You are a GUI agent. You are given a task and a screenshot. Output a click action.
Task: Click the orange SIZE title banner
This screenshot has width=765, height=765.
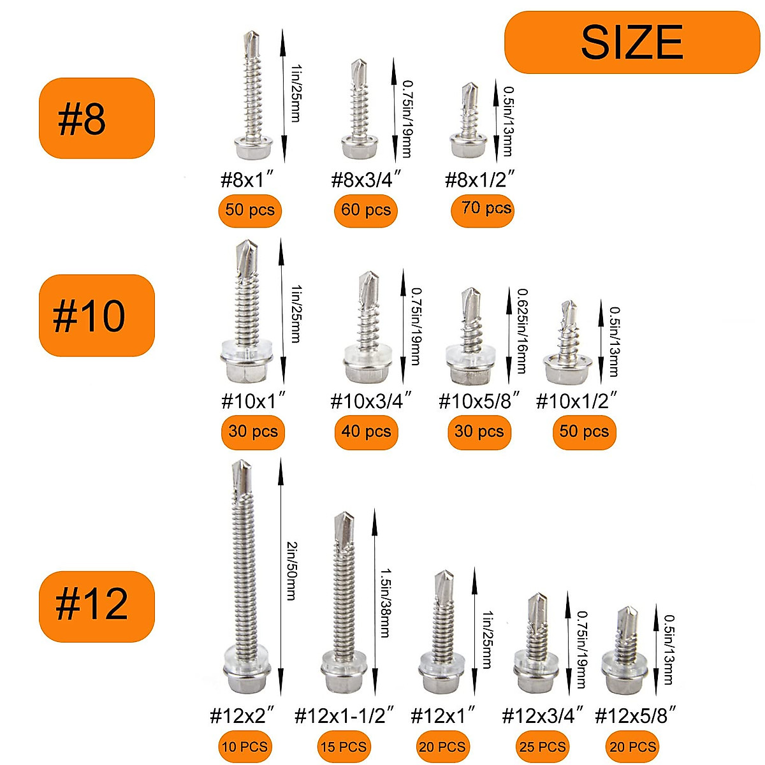point(632,42)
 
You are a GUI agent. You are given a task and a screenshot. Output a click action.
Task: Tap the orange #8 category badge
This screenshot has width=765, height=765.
point(97,119)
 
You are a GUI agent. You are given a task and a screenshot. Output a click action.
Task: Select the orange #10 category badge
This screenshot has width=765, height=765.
point(97,316)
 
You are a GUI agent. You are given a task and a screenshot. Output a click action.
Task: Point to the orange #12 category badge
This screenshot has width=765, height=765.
point(97,606)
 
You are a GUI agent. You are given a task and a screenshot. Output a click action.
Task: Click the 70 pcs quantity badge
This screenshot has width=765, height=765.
point(483,209)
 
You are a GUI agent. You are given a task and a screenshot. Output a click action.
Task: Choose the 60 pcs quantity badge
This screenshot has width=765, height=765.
point(365,210)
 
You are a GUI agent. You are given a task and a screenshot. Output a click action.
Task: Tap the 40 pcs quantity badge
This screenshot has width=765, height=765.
point(365,432)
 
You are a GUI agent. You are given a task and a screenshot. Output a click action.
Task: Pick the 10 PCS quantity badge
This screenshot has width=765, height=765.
point(245,747)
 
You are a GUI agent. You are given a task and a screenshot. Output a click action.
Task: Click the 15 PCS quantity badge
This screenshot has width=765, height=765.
point(343,747)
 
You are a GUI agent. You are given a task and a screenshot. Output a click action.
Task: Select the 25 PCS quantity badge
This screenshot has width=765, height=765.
point(542,747)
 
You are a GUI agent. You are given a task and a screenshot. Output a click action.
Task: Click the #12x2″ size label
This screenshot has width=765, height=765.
point(242,715)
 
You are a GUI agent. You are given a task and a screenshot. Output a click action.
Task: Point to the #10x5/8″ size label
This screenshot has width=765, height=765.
point(479,401)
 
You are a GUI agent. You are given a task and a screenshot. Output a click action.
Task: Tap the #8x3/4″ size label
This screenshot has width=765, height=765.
point(366,180)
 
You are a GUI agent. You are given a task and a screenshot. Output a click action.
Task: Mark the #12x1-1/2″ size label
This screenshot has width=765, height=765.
point(344,715)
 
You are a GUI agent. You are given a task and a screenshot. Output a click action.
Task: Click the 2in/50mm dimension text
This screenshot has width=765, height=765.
point(291,571)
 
